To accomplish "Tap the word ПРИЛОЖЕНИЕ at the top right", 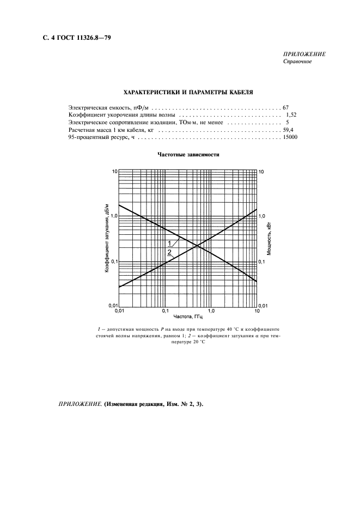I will [x=304, y=54].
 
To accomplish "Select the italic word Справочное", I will [x=297, y=62].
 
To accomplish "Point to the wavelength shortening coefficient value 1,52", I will [x=290, y=116].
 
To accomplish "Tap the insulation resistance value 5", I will [x=287, y=123].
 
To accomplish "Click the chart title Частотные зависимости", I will [x=188, y=155].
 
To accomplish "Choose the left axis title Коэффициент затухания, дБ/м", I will [x=107, y=238].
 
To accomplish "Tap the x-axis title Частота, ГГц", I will [x=188, y=317].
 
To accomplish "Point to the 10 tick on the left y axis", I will [x=114, y=172].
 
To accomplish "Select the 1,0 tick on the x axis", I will [x=211, y=311].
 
